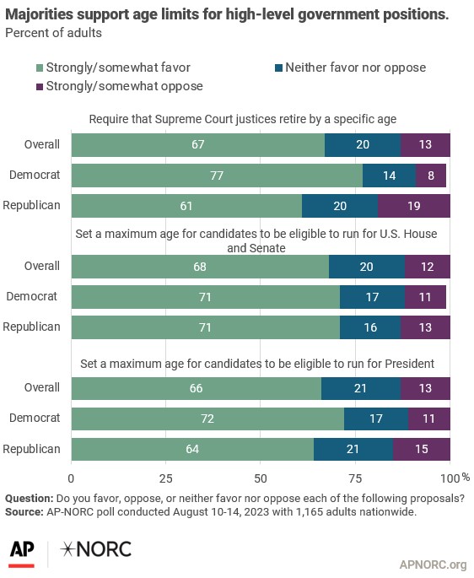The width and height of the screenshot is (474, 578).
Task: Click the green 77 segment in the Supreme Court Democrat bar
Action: coord(217,176)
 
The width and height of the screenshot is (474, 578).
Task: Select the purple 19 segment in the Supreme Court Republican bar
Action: coord(414,206)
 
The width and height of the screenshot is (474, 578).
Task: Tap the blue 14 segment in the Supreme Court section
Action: coord(389,176)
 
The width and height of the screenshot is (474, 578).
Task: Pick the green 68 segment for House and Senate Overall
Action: coord(200,267)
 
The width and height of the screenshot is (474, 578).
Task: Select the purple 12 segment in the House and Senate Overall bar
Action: coord(427,267)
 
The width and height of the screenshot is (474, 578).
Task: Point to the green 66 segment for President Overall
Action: coord(197,388)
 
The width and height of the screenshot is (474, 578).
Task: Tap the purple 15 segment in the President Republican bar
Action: coord(421,449)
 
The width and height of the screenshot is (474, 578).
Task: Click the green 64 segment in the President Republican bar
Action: coord(192,449)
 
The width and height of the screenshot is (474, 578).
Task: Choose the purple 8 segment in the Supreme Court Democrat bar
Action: coord(431,176)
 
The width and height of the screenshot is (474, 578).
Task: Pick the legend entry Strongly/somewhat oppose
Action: coord(118,85)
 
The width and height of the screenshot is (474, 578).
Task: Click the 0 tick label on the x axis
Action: coord(72,477)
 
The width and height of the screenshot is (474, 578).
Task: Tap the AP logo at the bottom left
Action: coord(23,549)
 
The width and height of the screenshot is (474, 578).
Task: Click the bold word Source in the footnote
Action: coord(25,512)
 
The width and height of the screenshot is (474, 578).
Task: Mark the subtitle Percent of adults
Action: coord(52,32)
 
